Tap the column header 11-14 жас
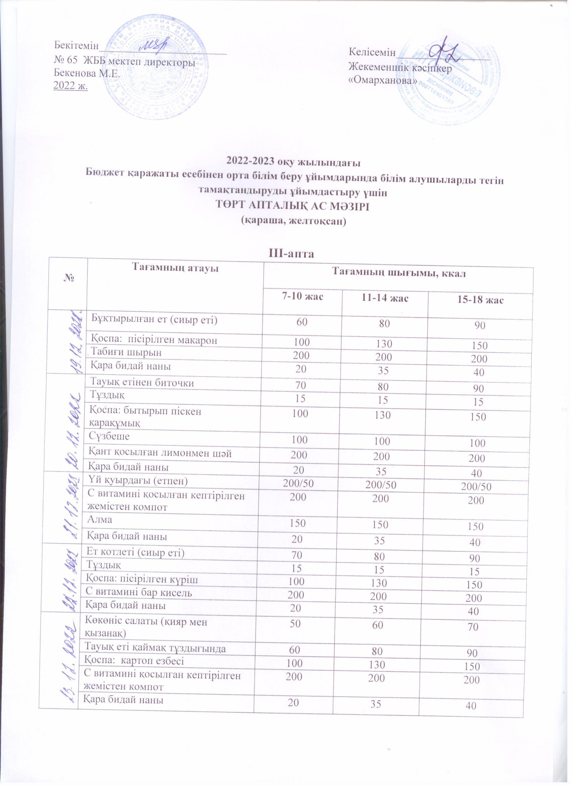pyautogui.click(x=384, y=298)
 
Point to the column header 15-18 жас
pyautogui.click(x=480, y=300)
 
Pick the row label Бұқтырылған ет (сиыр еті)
pyautogui.click(x=154, y=320)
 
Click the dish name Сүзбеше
pyautogui.click(x=109, y=436)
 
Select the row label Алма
pyautogui.click(x=100, y=519)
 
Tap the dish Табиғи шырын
pyautogui.click(x=126, y=352)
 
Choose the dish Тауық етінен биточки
pyautogui.click(x=142, y=382)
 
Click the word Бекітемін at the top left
pyautogui.click(x=76, y=45)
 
